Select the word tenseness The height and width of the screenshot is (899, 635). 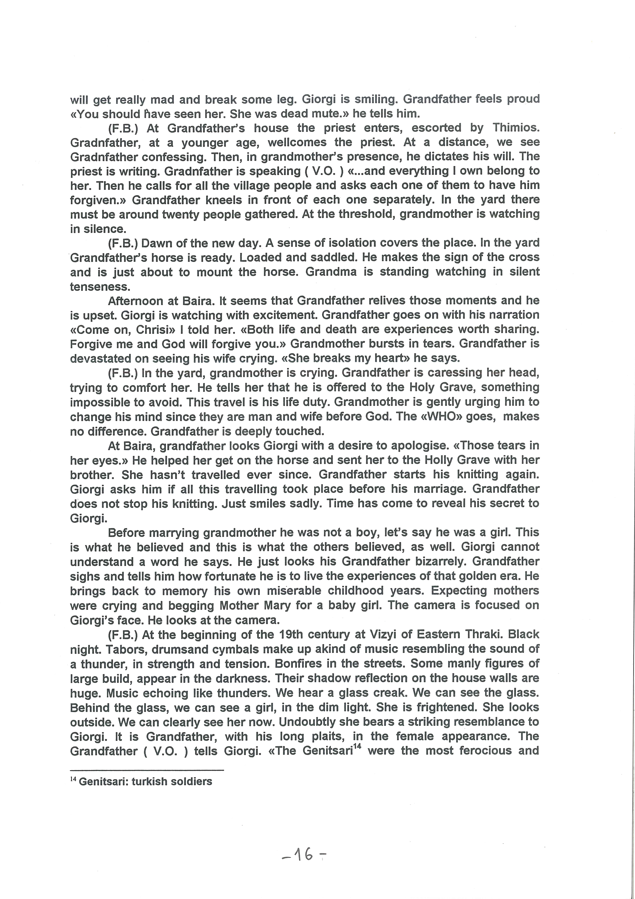[x=99, y=287]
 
